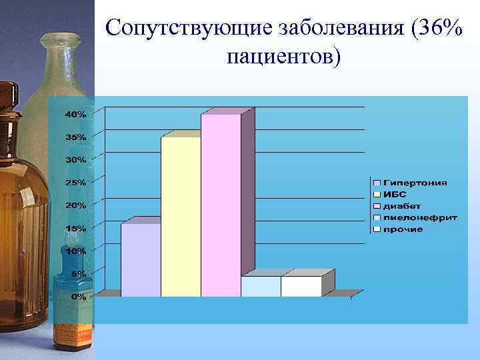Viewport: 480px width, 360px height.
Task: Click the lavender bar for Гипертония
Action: [x=141, y=260]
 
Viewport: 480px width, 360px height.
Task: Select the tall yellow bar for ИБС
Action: [x=181, y=217]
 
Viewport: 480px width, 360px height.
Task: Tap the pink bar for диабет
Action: [x=221, y=205]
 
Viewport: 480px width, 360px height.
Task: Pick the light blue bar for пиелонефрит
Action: [x=261, y=286]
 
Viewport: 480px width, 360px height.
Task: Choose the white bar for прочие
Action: [x=301, y=286]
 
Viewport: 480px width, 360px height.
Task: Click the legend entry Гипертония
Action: [x=414, y=183]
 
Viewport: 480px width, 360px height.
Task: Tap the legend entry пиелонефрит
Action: [x=419, y=217]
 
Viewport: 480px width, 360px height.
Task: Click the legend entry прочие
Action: [x=403, y=229]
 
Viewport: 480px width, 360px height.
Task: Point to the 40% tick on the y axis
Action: [x=75, y=115]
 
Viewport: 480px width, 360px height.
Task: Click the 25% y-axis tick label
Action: [x=75, y=183]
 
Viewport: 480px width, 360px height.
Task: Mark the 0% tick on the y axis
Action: [x=78, y=297]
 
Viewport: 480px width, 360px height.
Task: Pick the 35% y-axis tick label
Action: [x=75, y=137]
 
